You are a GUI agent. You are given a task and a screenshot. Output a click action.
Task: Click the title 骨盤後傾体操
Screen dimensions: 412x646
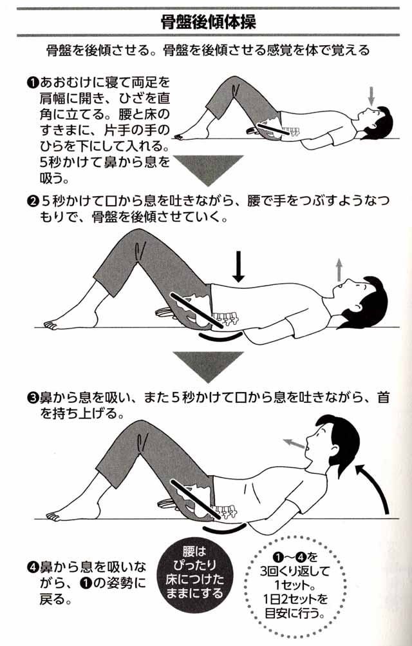(x=209, y=22)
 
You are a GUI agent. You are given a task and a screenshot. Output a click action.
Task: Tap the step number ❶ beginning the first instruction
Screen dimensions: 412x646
(x=32, y=83)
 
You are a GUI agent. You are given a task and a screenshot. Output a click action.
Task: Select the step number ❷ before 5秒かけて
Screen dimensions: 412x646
(x=32, y=201)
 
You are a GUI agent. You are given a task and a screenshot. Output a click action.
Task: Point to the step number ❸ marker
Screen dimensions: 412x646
(x=32, y=398)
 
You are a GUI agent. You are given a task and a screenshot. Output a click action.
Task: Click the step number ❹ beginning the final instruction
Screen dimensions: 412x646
(x=32, y=568)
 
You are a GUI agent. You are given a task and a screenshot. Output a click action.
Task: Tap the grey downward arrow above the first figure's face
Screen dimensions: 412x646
(x=371, y=95)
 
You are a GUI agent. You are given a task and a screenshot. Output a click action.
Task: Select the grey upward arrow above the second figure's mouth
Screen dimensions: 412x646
(x=339, y=270)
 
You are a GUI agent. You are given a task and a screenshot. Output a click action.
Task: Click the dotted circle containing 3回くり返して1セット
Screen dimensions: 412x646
(x=295, y=585)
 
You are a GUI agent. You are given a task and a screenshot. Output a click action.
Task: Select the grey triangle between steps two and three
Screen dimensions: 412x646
(x=208, y=366)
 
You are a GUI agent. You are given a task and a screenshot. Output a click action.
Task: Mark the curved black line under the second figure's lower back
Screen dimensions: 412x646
(x=218, y=337)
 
